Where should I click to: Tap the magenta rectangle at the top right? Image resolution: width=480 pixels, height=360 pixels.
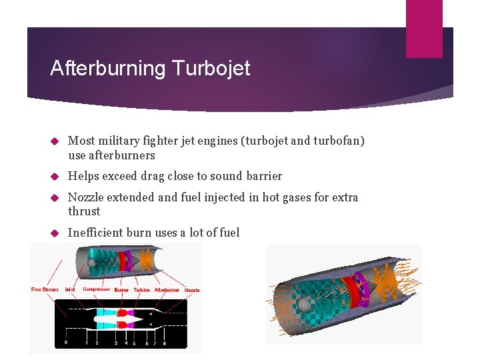tap(424, 28)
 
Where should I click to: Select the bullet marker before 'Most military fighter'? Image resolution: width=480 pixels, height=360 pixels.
tap(57, 141)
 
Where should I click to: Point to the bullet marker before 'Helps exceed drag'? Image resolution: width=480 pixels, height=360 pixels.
tap(57, 177)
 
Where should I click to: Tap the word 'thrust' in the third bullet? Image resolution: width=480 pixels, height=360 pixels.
tap(84, 211)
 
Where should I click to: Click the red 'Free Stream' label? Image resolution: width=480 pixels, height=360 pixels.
tap(45, 289)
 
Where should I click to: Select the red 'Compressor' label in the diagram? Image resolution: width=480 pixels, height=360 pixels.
tap(97, 289)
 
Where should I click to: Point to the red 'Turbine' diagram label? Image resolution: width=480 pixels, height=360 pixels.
tap(141, 289)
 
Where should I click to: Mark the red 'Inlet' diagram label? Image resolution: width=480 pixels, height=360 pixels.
tap(70, 289)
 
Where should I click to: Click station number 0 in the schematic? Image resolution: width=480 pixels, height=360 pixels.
tap(65, 343)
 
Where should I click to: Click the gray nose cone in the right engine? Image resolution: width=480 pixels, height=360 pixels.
tap(305, 304)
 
